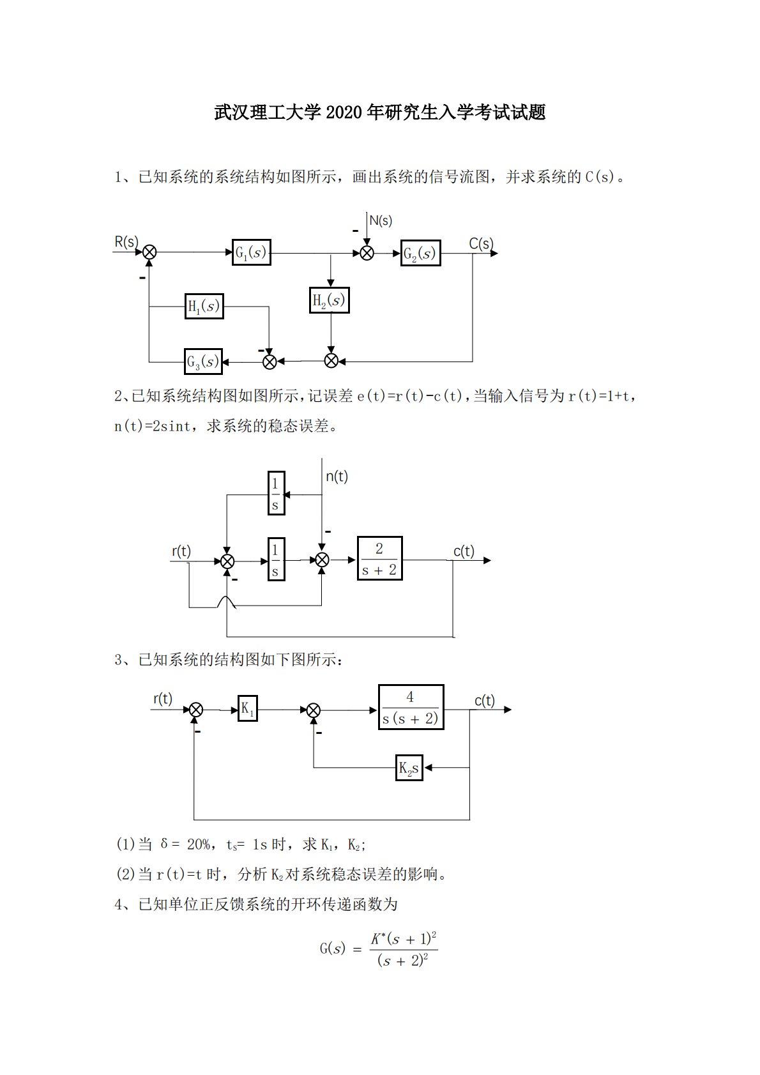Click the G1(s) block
pos(251,253)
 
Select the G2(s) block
pos(420,254)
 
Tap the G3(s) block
pos(203,362)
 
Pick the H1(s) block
pos(204,306)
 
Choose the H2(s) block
pos(330,300)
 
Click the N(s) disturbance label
pos(381,221)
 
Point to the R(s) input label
pos(126,242)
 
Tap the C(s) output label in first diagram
pos(481,243)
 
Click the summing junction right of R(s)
pos(149,252)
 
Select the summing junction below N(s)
pos(367,254)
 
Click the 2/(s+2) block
pos(379,558)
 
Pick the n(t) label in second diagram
pos(337,477)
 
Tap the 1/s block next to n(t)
pos(275,493)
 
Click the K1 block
pos(248,708)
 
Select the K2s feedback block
pos(409,768)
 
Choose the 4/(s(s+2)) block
pos(411,708)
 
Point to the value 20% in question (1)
pos(199,844)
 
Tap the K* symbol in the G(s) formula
pos(379,939)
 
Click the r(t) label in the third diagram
pos(163,699)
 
